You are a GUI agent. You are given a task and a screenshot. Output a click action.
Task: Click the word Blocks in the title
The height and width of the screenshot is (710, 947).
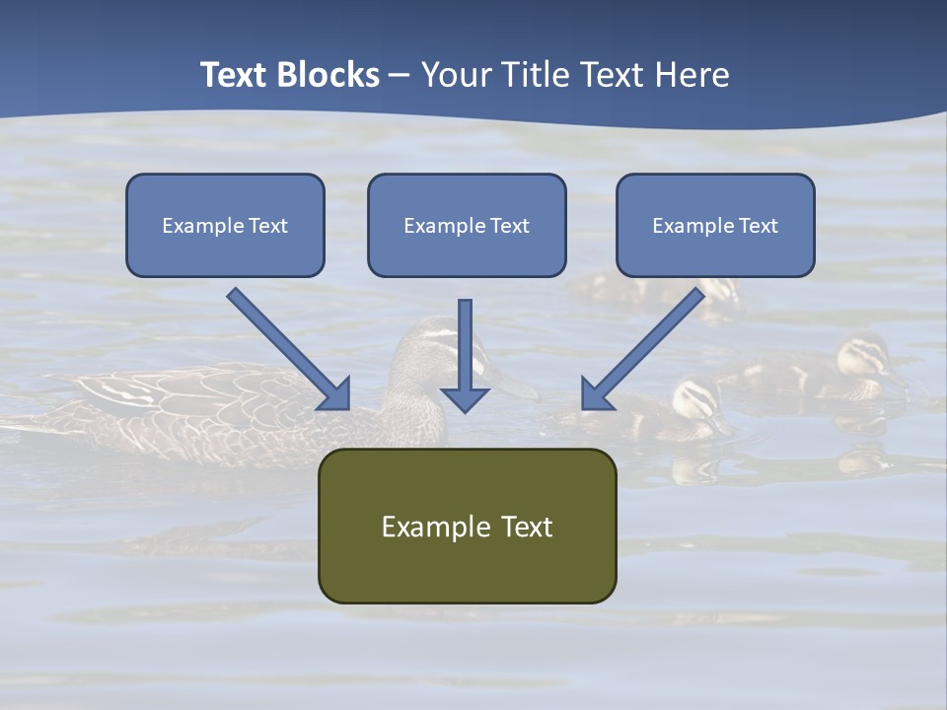[x=329, y=75]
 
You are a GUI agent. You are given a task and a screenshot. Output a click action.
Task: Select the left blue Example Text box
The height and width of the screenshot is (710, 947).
[x=225, y=225]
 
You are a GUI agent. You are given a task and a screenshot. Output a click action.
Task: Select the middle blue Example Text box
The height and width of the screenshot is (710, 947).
[x=467, y=225]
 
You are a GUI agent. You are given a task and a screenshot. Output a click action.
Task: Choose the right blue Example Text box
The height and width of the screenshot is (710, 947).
[x=715, y=225]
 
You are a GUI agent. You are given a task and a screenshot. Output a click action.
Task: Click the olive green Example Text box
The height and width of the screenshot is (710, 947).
[x=467, y=526]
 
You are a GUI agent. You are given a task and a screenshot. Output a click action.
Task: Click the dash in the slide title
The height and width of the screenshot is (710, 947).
[x=400, y=75]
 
